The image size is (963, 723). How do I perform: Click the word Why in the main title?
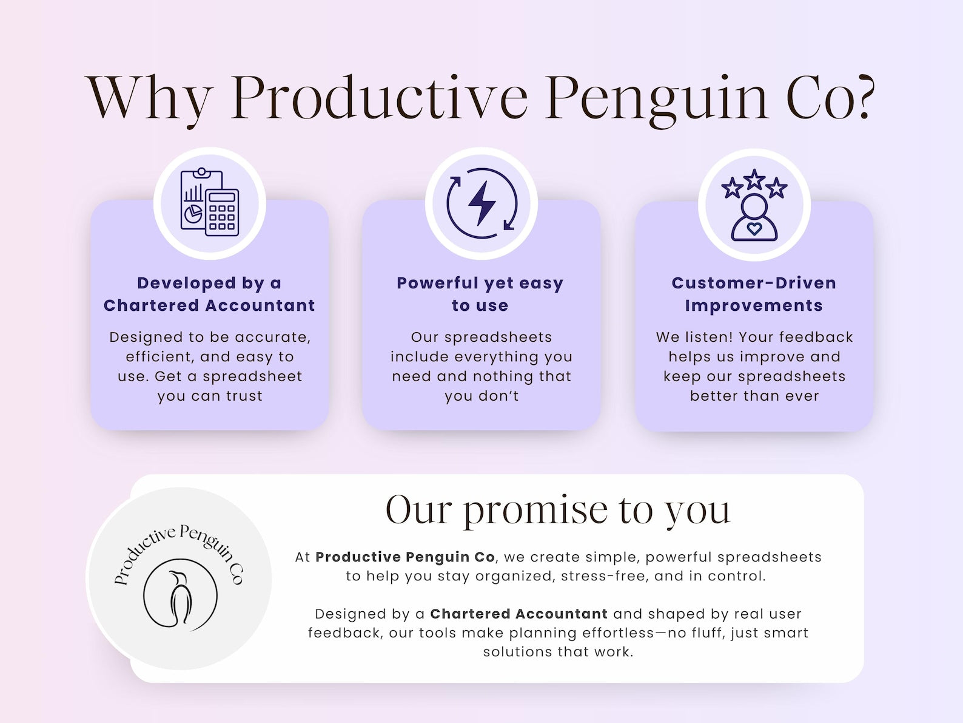150,98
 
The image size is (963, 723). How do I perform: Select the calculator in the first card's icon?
222,212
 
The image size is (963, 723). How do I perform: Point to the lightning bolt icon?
481,203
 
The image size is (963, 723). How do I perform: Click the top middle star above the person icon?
754,179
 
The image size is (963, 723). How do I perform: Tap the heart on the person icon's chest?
754,228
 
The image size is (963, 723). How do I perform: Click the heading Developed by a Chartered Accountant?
209,294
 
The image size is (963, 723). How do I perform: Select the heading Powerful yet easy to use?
480,294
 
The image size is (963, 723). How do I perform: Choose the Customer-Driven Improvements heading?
754,294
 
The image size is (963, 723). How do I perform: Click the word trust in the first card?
244,396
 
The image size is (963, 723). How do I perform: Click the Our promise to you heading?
558,510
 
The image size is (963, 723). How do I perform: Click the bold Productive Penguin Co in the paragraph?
405,557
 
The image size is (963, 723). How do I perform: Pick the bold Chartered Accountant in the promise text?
518,614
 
